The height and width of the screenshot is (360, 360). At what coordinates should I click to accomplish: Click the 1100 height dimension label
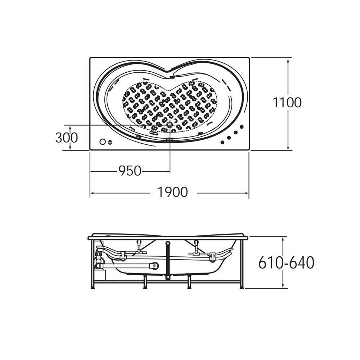tap(287, 102)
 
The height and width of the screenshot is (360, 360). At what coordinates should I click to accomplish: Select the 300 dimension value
tap(67, 138)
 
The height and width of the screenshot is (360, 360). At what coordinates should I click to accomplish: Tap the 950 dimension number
tap(130, 171)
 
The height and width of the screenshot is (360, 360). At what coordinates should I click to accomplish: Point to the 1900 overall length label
tap(172, 192)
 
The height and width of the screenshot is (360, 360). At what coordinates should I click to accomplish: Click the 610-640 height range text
tap(286, 262)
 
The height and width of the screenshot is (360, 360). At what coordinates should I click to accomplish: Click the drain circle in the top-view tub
tap(170, 125)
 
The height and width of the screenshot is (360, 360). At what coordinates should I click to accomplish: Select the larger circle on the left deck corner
tap(103, 142)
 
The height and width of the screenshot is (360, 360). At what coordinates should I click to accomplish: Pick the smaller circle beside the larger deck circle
tap(110, 142)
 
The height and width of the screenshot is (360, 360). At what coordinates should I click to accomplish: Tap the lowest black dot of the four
tap(222, 142)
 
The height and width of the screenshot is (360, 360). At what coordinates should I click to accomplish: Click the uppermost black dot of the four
tap(242, 127)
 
